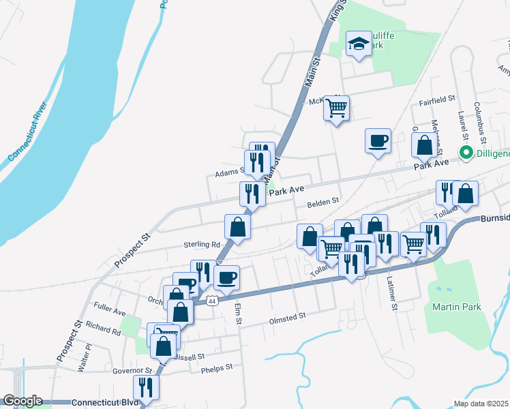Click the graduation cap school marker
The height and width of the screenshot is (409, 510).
(x=358, y=45)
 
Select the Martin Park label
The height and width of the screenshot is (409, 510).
(x=457, y=307)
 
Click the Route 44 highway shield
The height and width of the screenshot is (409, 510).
(x=213, y=301)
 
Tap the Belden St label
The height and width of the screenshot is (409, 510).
(x=322, y=202)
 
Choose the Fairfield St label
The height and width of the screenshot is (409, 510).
(x=437, y=100)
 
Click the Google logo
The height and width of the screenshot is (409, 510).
(x=22, y=401)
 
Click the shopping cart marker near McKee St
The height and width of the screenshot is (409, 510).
(x=336, y=108)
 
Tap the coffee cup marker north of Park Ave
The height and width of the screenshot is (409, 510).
(x=378, y=141)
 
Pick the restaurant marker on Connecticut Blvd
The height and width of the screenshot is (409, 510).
(x=146, y=387)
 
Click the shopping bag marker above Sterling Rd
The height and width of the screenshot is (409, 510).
(x=237, y=227)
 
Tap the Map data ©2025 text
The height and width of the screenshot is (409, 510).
(x=481, y=404)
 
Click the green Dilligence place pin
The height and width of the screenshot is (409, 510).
(x=466, y=153)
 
